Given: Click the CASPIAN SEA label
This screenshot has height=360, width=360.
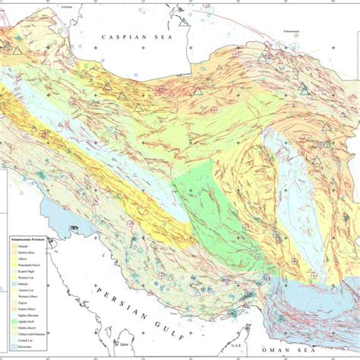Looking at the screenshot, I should (x=141, y=36).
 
